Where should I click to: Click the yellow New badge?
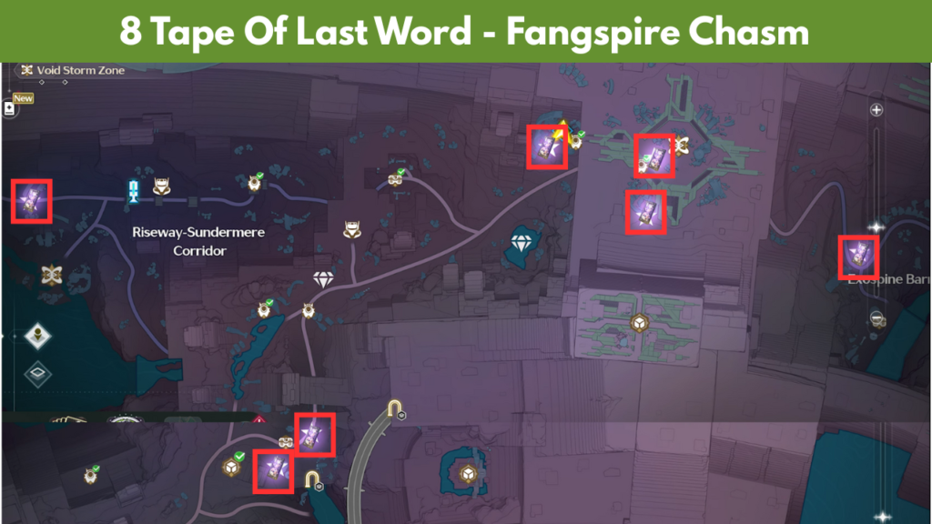pos(23,98)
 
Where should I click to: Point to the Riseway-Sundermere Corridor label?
pos(198,240)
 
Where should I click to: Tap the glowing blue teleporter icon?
pos(134,189)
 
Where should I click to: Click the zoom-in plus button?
pos(876,110)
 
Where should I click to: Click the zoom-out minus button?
pos(876,317)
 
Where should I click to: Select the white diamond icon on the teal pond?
pos(522,243)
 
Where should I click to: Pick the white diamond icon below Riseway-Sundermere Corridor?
pos(324,278)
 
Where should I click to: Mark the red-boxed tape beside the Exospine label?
pos(857,257)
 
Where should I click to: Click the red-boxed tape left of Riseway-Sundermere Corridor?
pos(30,200)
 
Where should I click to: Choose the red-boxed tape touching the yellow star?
pos(548,147)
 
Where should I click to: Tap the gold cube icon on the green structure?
pos(640,323)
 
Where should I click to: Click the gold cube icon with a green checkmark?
pos(233,467)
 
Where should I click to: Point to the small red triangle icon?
pos(259,420)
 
